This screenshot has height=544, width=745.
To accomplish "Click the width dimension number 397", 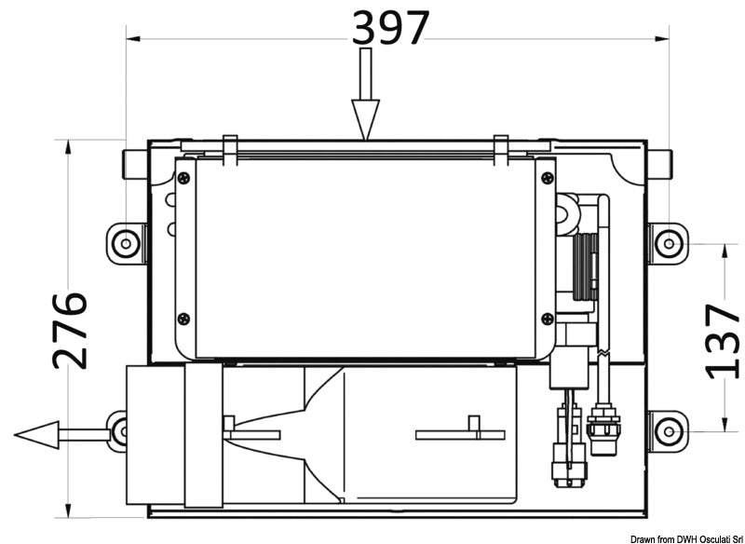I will point(391,28).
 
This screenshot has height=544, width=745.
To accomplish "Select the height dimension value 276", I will point(70,330).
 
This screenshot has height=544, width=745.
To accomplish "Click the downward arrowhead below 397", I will point(365,121).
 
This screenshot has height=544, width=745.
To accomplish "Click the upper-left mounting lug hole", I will point(125,243).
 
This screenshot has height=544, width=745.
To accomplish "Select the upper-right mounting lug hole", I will point(667,243).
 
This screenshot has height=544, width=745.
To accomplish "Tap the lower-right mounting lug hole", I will point(667,430).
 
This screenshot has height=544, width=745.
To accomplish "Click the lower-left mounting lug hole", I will point(120,430).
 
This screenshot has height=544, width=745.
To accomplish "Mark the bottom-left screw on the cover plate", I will point(183,318).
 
